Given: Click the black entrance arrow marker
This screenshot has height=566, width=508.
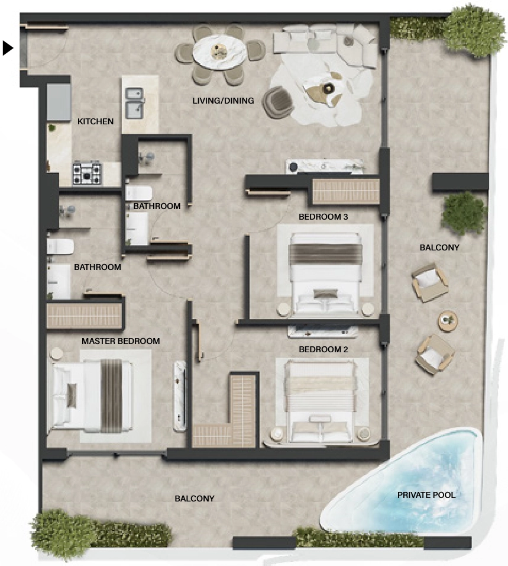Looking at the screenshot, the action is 8,48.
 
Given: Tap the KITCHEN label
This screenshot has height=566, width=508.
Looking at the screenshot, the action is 96,121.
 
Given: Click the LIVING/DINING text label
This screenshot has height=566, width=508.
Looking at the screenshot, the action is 223,101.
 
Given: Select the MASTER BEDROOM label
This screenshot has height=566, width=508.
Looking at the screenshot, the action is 121,341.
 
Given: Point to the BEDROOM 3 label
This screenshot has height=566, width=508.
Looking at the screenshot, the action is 323,217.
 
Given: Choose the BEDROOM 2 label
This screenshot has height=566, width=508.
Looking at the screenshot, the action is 323,349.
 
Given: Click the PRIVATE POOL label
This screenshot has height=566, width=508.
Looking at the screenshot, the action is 426,495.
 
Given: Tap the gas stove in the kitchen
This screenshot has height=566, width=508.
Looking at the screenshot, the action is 88,173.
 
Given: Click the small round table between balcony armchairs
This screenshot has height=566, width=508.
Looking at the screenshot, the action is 448,320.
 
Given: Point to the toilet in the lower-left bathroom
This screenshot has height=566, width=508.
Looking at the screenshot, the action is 60,246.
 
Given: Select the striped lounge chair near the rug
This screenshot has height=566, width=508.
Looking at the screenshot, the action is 278,102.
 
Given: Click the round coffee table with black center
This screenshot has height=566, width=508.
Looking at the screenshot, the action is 328,88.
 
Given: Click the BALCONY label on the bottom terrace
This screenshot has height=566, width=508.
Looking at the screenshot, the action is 195,499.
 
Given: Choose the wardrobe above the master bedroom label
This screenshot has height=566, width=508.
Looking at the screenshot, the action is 85,316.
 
